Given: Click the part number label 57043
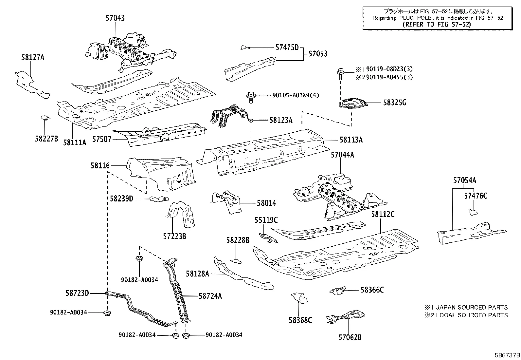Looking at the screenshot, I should (x=115, y=18).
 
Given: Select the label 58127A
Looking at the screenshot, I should (x=33, y=58).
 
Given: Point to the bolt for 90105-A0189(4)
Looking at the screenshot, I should (x=251, y=96).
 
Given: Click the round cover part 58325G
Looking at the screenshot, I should (x=353, y=104).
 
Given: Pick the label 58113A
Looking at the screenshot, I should (x=351, y=140).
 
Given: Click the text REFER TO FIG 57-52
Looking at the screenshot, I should (x=436, y=25).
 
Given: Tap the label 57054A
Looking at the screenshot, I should (x=464, y=180).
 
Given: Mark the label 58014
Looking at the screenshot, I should (x=266, y=203).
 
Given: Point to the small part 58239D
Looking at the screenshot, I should (x=159, y=199).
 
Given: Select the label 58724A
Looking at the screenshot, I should (x=210, y=296).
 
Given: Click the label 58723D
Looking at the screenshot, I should (x=77, y=293).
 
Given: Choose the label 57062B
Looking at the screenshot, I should (x=350, y=337).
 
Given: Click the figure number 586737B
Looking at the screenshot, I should (x=507, y=355).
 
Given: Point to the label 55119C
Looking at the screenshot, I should (x=266, y=220).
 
